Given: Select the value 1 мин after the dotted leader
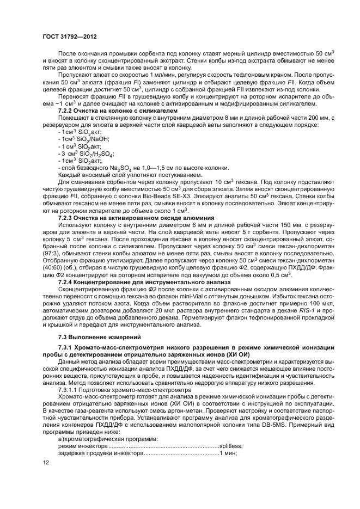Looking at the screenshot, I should (x=227, y=452).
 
